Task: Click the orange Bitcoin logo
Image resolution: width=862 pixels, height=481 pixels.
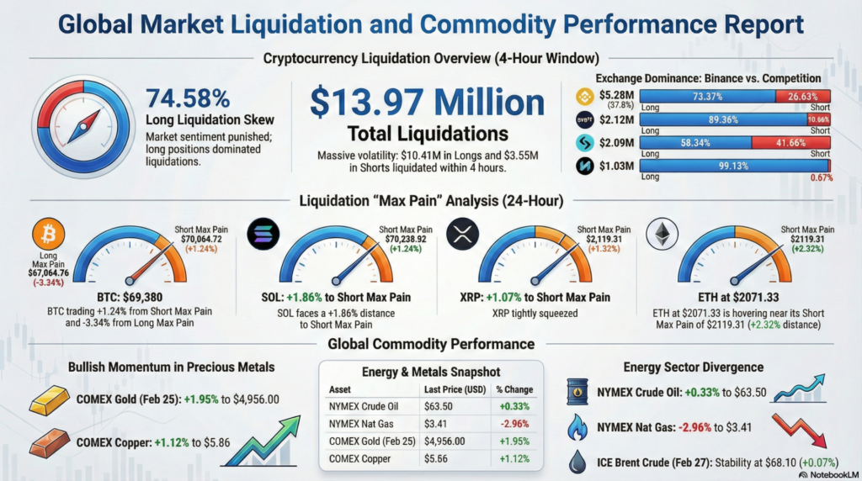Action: [47, 234]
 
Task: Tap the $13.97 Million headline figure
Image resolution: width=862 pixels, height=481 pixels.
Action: [427, 103]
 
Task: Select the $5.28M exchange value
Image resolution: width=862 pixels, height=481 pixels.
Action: [616, 95]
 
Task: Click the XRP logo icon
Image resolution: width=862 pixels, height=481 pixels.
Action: [462, 235]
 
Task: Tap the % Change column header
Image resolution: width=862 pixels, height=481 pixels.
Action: [513, 390]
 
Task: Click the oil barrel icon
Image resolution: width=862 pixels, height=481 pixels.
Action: [579, 393]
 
